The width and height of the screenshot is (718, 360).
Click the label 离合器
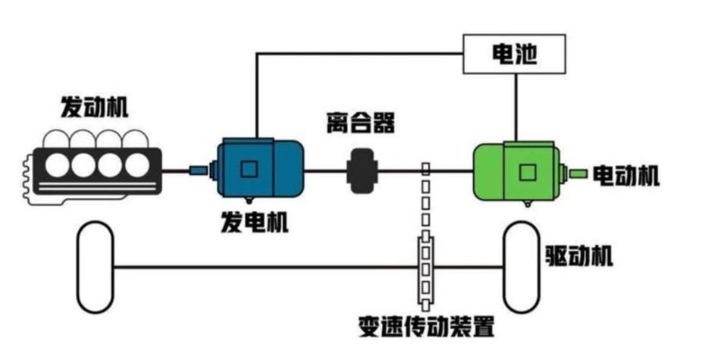point(361,121)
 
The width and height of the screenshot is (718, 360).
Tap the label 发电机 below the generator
point(254,223)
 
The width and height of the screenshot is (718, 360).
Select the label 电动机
point(626,177)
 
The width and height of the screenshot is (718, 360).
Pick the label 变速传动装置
point(426,327)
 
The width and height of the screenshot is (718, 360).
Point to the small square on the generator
point(249,168)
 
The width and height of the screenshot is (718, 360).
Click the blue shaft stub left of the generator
point(199,170)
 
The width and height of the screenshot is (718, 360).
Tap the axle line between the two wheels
point(265,267)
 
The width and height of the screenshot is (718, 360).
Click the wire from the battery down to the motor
point(516,106)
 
